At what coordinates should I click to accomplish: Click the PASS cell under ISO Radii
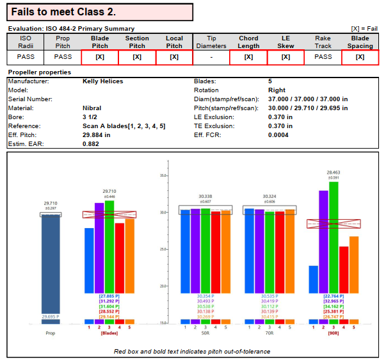tap(26, 56)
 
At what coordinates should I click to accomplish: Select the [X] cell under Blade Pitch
tap(100, 57)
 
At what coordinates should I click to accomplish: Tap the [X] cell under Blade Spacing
tap(360, 57)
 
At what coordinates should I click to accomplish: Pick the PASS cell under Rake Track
tap(323, 56)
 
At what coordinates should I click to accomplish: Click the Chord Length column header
tap(248, 42)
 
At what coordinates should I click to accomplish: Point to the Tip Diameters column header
tap(211, 42)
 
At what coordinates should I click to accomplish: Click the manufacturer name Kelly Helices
tap(103, 81)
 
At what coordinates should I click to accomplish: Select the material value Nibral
tap(92, 108)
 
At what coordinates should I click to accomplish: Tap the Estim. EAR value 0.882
tap(90, 144)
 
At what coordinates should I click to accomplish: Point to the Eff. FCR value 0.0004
tap(279, 135)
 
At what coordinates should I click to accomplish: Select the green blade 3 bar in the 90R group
tap(334, 237)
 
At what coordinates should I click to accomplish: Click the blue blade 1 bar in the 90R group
tap(313, 279)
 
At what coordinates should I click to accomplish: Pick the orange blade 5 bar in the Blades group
tap(130, 256)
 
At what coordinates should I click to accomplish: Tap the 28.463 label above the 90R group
tap(333, 172)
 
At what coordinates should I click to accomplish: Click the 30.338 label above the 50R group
tap(205, 197)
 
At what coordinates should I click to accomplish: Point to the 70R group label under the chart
tap(269, 332)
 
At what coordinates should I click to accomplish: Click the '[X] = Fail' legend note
tap(364, 28)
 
